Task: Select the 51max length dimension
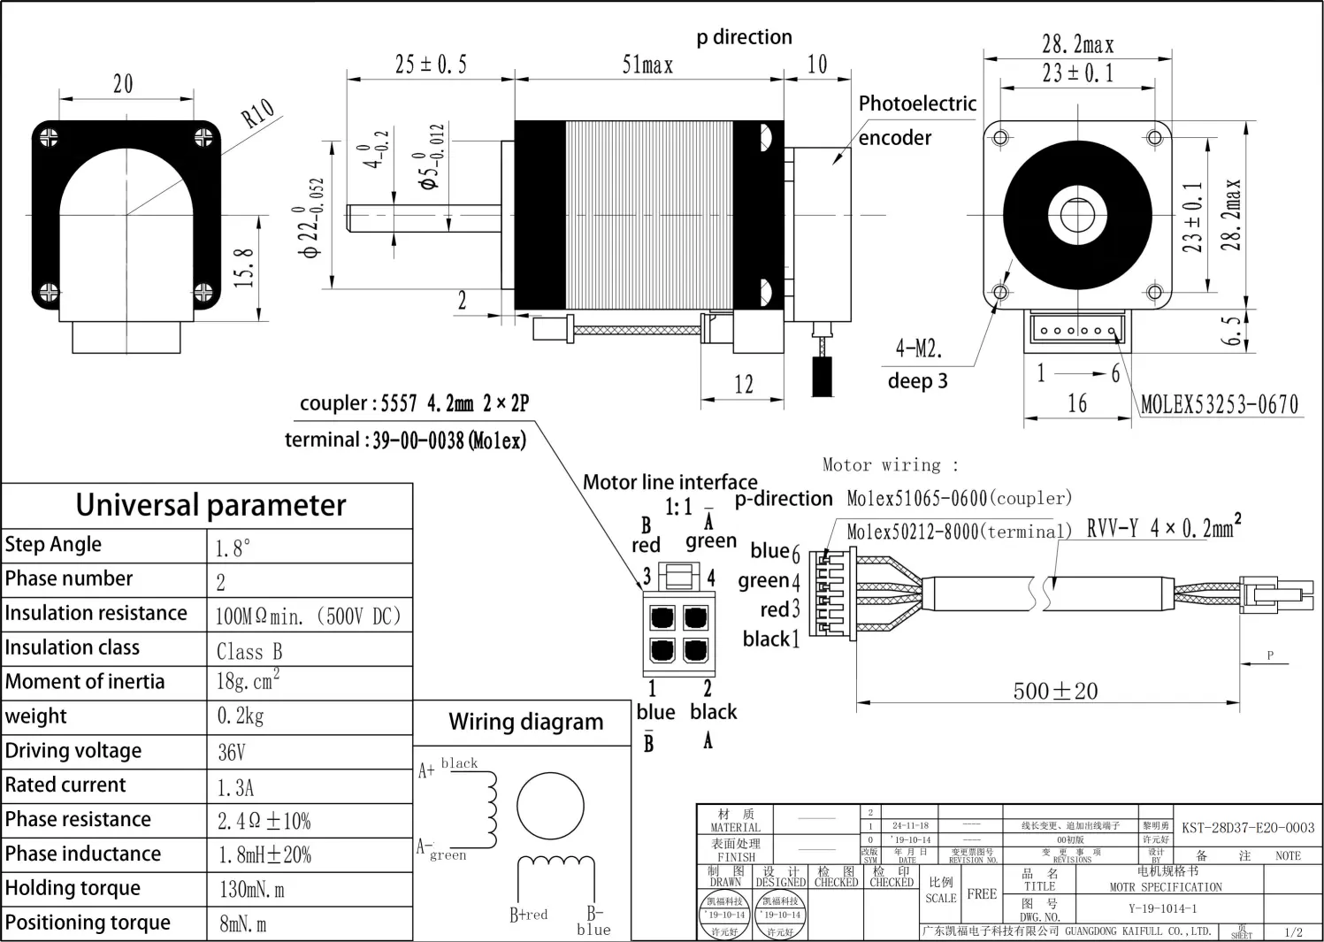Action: (x=647, y=65)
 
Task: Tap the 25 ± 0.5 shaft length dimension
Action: (x=431, y=65)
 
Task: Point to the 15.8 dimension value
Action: (x=245, y=267)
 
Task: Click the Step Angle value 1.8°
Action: (x=233, y=548)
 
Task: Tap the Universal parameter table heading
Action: (x=210, y=505)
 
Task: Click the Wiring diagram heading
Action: (x=525, y=723)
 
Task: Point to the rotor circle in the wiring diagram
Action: (x=550, y=806)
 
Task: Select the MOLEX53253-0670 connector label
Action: (x=1220, y=405)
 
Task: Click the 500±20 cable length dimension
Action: (x=1055, y=691)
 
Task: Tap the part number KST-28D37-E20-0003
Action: (x=1248, y=828)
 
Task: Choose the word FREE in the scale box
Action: (x=982, y=894)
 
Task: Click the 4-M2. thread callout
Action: (x=918, y=348)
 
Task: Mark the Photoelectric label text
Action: (x=917, y=103)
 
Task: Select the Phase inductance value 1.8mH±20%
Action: (x=265, y=855)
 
